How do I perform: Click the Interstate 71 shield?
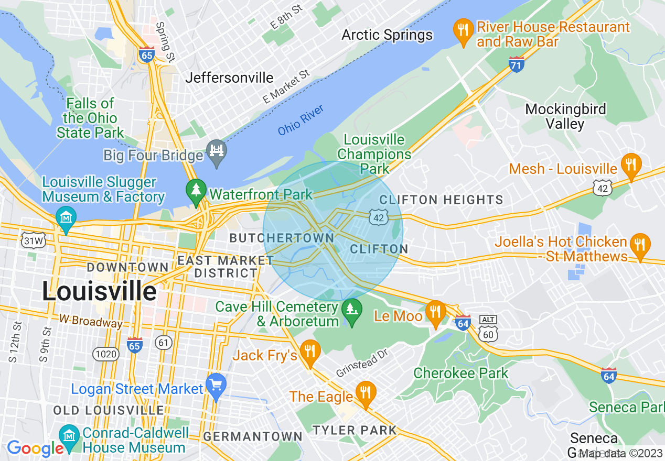click(x=517, y=64)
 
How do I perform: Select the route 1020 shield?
click(x=105, y=355)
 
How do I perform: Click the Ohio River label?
click(x=301, y=120)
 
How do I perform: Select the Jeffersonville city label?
click(x=230, y=78)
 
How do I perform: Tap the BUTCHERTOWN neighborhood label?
click(x=282, y=238)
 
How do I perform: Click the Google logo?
click(x=35, y=448)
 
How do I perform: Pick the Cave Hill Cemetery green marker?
click(x=352, y=311)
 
